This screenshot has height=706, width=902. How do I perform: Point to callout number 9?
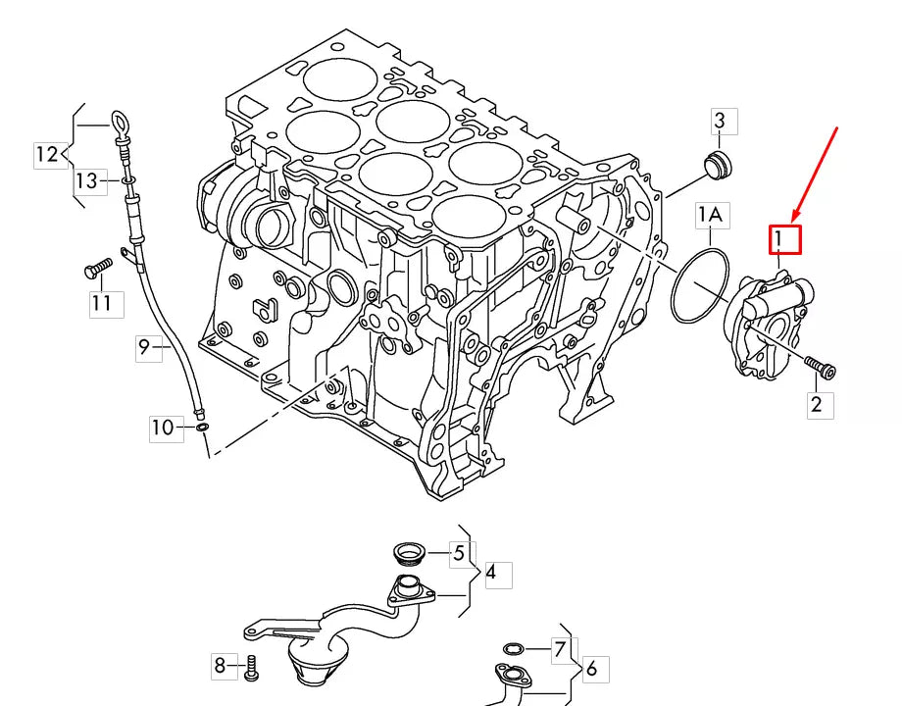147,346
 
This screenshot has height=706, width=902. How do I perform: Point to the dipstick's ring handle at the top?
120,123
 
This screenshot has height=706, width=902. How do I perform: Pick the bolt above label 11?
98,268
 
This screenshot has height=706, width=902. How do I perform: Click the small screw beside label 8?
251,667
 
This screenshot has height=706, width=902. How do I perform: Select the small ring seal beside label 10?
201,428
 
